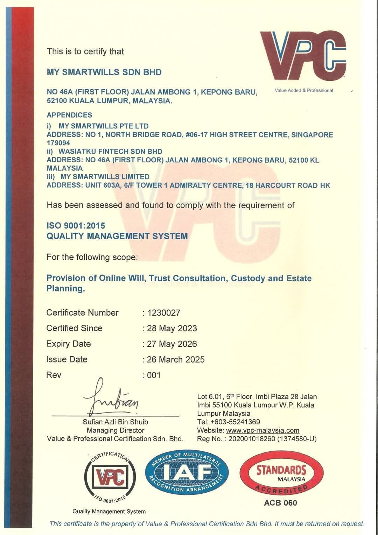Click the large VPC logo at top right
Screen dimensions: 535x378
point(303,55)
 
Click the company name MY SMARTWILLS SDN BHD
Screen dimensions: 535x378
point(104,72)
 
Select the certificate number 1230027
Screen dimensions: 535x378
point(164,312)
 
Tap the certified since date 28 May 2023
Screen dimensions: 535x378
point(172,328)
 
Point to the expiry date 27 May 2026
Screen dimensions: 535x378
point(172,344)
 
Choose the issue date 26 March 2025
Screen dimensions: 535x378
point(176,359)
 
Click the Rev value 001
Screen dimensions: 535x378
point(154,375)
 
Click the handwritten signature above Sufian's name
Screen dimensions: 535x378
point(111,399)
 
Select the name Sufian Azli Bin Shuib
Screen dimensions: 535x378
point(115,422)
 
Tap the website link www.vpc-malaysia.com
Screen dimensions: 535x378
point(262,430)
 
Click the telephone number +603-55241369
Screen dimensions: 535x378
point(235,422)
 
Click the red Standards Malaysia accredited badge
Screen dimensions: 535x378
point(281,473)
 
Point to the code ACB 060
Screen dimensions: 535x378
point(280,503)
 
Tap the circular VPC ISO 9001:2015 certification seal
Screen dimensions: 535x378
point(110,476)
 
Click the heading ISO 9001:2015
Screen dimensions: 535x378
point(76,226)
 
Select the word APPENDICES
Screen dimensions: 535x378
point(70,115)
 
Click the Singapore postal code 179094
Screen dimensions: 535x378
point(58,143)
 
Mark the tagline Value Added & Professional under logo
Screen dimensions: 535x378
point(304,90)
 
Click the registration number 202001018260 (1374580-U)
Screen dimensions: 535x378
point(272,439)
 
